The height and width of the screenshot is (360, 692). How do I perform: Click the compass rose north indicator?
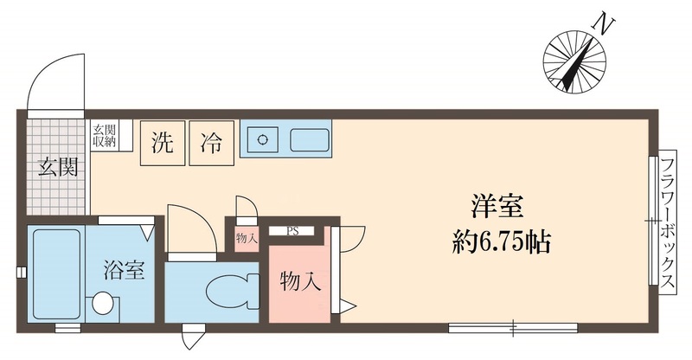pyautogui.click(x=574, y=60)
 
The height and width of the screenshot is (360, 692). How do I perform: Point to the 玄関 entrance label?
pyautogui.click(x=57, y=166)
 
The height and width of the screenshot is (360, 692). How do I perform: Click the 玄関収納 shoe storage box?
pyautogui.click(x=106, y=136)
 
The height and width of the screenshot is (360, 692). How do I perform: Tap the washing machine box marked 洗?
pyautogui.click(x=163, y=142)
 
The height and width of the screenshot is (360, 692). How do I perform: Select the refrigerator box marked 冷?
pyautogui.click(x=210, y=142)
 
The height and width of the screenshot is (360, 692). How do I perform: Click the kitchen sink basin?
pyautogui.click(x=309, y=139)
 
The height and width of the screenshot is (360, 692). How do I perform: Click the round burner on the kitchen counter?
pyautogui.click(x=262, y=139)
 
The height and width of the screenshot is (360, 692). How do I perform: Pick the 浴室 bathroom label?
pyautogui.click(x=125, y=269)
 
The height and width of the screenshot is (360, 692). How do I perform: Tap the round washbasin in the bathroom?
pyautogui.click(x=104, y=303)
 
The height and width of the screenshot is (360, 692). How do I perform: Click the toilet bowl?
pyautogui.click(x=231, y=289)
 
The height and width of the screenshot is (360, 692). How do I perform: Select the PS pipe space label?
pyautogui.click(x=294, y=231)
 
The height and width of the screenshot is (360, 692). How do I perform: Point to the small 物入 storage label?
pyautogui.click(x=247, y=238)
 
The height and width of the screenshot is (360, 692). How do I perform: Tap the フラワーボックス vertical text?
pyautogui.click(x=668, y=226)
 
